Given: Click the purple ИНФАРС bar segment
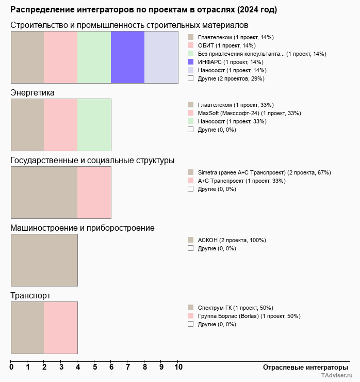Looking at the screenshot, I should pyautogui.click(x=127, y=57).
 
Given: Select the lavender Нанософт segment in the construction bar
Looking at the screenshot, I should pyautogui.click(x=161, y=57).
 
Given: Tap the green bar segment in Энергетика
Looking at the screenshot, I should pyautogui.click(x=94, y=124).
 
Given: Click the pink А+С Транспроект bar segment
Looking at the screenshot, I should pyautogui.click(x=94, y=193).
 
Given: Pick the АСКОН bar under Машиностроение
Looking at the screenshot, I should pyautogui.click(x=44, y=260).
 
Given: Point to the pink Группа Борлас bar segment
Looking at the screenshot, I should pyautogui.click(x=60, y=328).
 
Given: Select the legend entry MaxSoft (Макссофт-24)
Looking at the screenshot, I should pyautogui.click(x=249, y=113).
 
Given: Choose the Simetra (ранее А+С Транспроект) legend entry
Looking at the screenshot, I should pyautogui.click(x=264, y=172).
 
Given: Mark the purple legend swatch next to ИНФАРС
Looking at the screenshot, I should pyautogui.click(x=190, y=62).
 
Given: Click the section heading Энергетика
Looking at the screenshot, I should pyautogui.click(x=32, y=92).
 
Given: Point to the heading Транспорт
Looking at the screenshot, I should pyautogui.click(x=30, y=296).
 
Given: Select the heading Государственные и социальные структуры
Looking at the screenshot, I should pyautogui.click(x=92, y=161).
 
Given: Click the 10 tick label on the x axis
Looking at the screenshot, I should pyautogui.click(x=178, y=368).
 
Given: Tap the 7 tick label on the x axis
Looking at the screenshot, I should pyautogui.click(x=128, y=368).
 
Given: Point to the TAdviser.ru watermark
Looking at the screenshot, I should pyautogui.click(x=337, y=376).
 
